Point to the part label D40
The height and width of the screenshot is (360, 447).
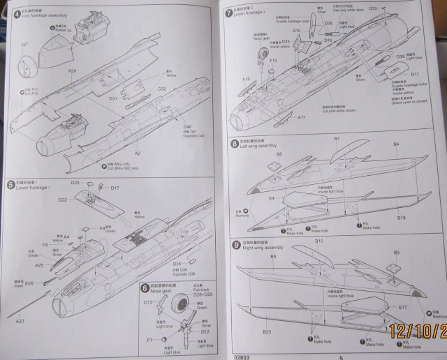[x=167, y=126]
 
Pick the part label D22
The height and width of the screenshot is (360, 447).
[x=62, y=200]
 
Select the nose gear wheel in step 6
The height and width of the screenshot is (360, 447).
[x=180, y=308]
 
